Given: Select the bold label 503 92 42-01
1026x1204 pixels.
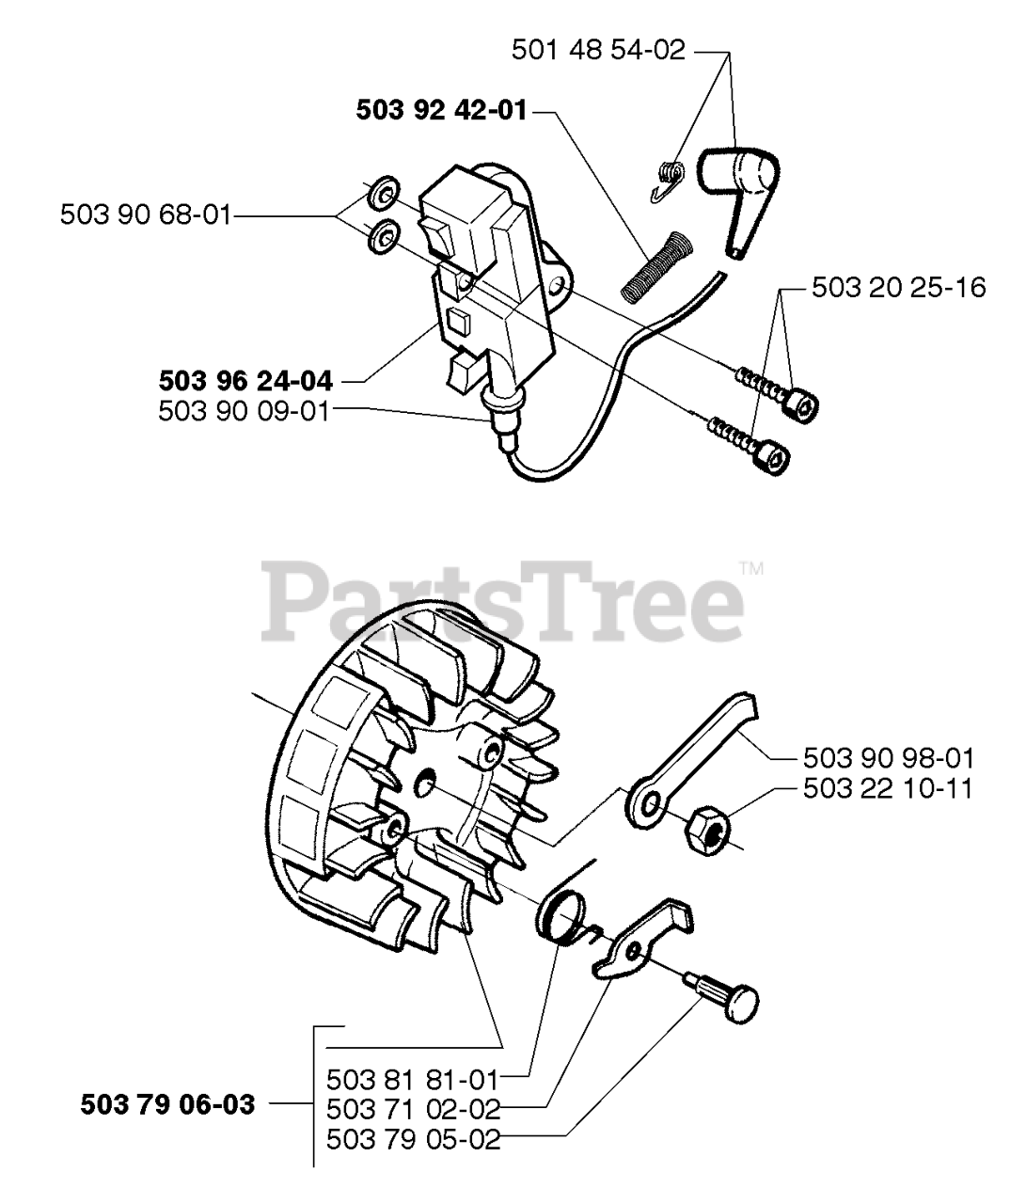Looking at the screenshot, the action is pyautogui.click(x=441, y=112).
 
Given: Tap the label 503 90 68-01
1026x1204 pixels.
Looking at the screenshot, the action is pyautogui.click(x=145, y=215).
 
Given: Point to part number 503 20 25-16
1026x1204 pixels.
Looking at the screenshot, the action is pyautogui.click(x=898, y=287).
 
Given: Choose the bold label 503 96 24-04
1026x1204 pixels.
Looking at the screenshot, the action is pyautogui.click(x=245, y=382).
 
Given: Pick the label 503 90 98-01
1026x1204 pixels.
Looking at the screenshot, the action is pyautogui.click(x=889, y=758).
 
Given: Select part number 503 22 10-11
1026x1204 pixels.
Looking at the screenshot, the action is pyautogui.click(x=889, y=788).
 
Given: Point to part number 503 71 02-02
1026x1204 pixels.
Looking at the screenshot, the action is pyautogui.click(x=412, y=1108).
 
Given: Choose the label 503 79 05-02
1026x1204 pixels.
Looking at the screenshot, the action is pyautogui.click(x=412, y=1139).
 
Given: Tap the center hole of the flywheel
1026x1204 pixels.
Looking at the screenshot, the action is pyautogui.click(x=429, y=779).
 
